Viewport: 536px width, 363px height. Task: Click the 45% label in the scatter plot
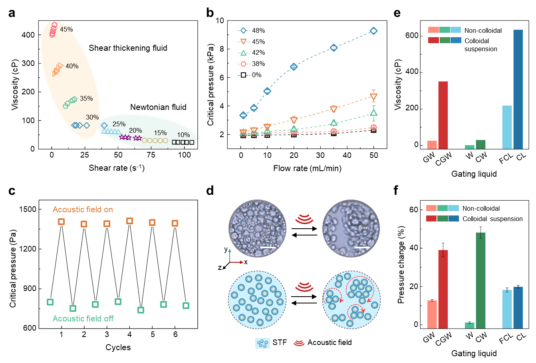coord(66,30)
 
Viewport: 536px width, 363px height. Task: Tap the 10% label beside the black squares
coord(183,135)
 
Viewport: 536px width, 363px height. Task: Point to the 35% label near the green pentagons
coord(86,99)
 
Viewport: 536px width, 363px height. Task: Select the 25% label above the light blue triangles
coord(119,124)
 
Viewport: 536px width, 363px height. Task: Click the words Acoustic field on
coord(83,209)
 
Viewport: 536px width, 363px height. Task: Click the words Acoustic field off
coord(83,319)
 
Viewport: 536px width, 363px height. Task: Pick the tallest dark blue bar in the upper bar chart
coord(518,89)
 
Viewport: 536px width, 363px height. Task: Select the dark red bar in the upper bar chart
coord(443,115)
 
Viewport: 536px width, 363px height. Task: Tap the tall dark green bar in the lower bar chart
coord(480,280)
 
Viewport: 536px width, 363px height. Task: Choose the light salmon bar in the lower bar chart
coord(432,314)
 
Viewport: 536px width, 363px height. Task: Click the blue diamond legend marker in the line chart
coord(243,30)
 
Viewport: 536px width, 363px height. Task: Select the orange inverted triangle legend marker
coord(243,42)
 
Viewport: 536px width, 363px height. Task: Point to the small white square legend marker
coord(243,75)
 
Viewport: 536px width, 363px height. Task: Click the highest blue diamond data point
coord(373,31)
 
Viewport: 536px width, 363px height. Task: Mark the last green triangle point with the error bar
coord(373,113)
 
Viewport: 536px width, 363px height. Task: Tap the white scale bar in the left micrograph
coord(268,247)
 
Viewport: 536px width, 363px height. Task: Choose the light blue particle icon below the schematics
coord(262,343)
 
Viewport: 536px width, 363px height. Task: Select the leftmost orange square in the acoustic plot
coord(61,221)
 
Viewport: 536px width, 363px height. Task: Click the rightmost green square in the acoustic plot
coord(186,305)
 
